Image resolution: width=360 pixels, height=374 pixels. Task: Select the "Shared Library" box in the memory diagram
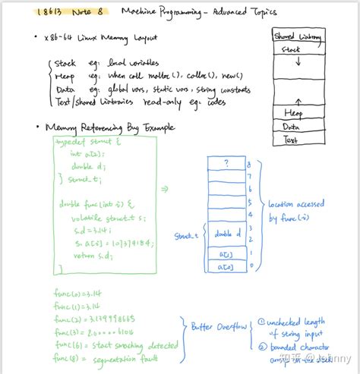tap(297, 36)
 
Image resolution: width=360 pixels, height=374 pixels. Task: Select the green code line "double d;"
tap(88, 165)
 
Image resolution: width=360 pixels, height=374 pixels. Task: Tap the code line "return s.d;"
tap(93, 255)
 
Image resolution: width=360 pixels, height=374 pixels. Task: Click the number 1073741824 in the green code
tap(125, 243)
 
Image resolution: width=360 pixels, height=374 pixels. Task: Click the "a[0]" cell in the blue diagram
tap(228, 266)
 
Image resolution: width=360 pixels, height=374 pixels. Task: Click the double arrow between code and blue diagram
tap(166, 190)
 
